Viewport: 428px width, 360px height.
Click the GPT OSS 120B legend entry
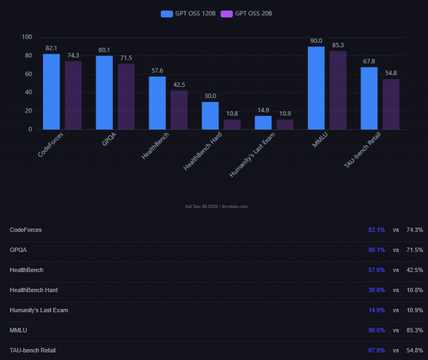(x=188, y=14)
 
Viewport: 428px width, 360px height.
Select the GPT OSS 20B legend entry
(x=248, y=14)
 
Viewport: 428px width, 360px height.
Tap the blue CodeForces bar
(x=52, y=92)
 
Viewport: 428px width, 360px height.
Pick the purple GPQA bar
(x=126, y=97)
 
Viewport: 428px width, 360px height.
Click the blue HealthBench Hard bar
(x=210, y=116)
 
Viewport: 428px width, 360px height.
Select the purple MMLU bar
(x=338, y=90)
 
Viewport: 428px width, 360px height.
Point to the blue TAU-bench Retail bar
(x=369, y=98)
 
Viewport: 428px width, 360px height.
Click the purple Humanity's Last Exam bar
(x=285, y=124)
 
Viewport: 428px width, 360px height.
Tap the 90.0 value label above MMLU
(x=316, y=41)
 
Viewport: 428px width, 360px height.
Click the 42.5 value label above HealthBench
(x=179, y=84)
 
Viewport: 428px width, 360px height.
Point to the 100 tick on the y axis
(x=27, y=37)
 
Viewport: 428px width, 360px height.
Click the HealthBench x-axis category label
(x=154, y=147)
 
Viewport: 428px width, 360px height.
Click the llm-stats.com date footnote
(x=216, y=206)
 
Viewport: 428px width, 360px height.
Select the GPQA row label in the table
(x=18, y=250)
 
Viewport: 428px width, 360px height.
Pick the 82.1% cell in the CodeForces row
(x=376, y=230)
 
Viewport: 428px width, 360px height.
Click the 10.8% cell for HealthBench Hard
(x=415, y=290)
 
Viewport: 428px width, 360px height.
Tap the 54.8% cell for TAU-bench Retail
(x=415, y=350)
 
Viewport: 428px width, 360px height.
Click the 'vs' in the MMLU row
(x=396, y=330)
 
